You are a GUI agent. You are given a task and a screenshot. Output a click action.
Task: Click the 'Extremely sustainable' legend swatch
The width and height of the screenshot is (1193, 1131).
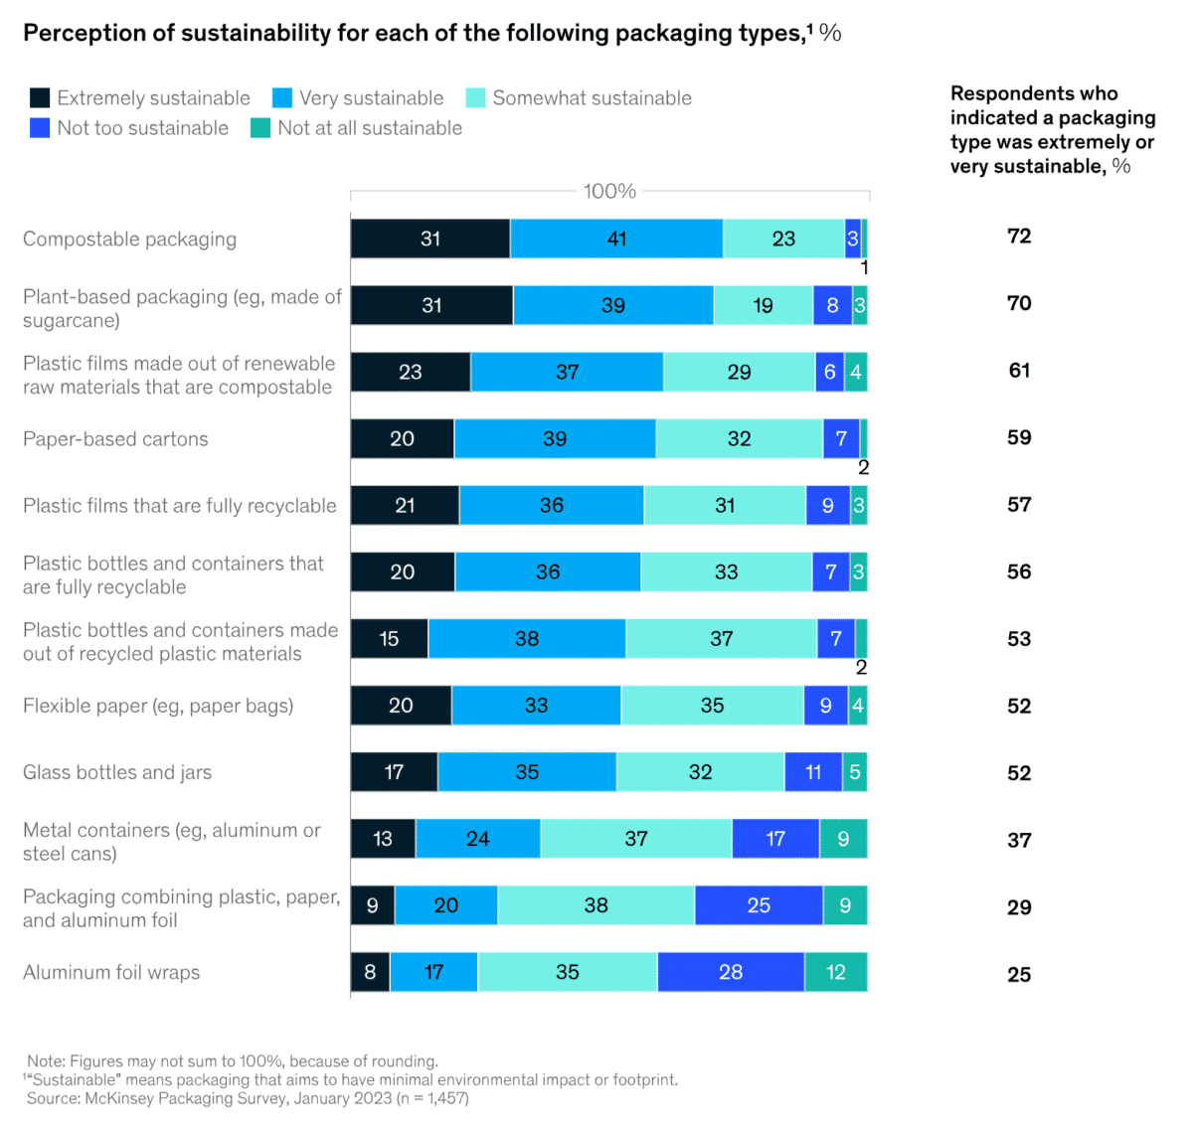click(40, 97)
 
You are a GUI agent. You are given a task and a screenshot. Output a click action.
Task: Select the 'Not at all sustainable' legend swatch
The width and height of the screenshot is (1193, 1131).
click(260, 128)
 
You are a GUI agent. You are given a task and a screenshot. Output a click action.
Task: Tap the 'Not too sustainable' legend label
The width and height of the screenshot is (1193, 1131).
click(142, 128)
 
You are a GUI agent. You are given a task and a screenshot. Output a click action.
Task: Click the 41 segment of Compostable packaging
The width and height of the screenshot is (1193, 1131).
click(616, 239)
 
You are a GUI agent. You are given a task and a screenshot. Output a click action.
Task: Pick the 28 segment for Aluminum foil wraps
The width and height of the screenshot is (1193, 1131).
click(731, 972)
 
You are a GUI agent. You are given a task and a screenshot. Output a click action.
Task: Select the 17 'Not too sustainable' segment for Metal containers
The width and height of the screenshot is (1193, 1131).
click(775, 839)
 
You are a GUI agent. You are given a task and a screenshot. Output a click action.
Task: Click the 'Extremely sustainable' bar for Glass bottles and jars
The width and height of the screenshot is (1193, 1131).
click(394, 772)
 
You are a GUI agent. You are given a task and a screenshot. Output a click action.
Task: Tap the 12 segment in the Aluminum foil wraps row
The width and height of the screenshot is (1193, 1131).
click(836, 972)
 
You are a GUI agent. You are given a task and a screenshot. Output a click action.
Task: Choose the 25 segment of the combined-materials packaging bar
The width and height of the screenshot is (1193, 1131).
click(759, 905)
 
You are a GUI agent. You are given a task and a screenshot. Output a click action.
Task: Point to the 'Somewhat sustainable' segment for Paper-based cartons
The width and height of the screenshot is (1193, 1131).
click(739, 438)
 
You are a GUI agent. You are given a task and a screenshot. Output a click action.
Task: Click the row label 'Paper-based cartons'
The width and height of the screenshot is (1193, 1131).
click(115, 439)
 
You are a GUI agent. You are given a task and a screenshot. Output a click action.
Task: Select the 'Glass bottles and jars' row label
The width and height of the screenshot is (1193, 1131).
click(117, 772)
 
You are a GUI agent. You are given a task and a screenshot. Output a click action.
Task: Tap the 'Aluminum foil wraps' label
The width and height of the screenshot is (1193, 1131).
click(111, 972)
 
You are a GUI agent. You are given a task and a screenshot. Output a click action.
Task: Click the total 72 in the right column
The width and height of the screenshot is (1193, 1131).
click(1019, 236)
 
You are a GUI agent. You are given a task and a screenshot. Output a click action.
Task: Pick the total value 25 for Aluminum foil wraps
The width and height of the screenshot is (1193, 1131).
click(1019, 974)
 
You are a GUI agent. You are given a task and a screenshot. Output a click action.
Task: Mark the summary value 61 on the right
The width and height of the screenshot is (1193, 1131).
click(1019, 370)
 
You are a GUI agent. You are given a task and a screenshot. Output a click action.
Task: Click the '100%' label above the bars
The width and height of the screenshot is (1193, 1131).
click(609, 191)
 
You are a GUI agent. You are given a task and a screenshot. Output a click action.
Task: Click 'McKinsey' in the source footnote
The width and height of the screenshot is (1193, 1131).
click(123, 1098)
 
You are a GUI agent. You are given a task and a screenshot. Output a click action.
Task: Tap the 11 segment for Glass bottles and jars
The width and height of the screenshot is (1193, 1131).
click(813, 772)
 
